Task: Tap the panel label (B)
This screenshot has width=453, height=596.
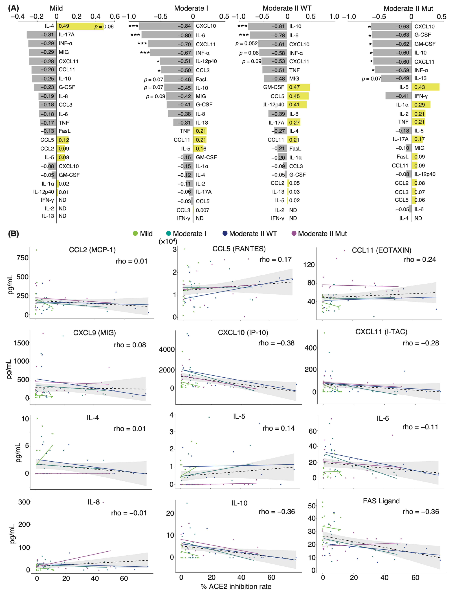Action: click(x=13, y=234)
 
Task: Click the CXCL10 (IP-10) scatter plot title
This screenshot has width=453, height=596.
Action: click(x=243, y=333)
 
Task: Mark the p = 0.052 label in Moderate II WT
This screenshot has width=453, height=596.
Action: click(x=246, y=44)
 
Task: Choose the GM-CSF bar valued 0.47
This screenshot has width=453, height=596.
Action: click(x=298, y=87)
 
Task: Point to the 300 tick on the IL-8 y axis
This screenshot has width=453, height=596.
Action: click(x=24, y=502)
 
